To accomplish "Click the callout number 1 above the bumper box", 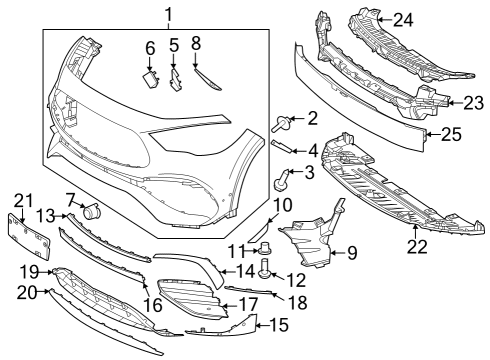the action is (x=169, y=15).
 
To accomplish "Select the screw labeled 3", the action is (x=282, y=180).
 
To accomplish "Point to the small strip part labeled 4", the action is (x=282, y=146).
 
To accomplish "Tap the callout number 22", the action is (x=417, y=247).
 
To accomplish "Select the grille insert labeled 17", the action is (x=192, y=298).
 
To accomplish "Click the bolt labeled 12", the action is (x=266, y=269).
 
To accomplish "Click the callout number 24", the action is (x=403, y=20).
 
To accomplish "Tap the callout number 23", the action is (x=474, y=103).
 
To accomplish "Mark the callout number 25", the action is (x=452, y=134).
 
